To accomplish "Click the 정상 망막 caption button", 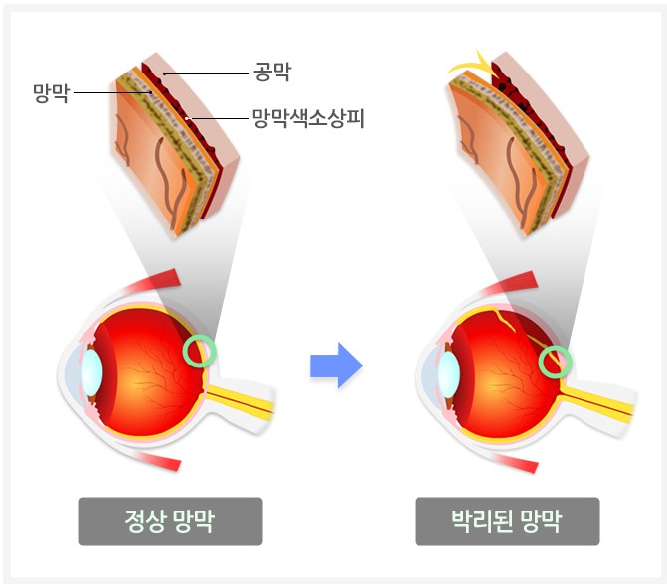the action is click(x=170, y=520).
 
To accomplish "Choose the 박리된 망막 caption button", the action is click(x=507, y=520).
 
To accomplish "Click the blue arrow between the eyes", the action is click(x=335, y=365).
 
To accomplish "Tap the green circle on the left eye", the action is click(x=200, y=351).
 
